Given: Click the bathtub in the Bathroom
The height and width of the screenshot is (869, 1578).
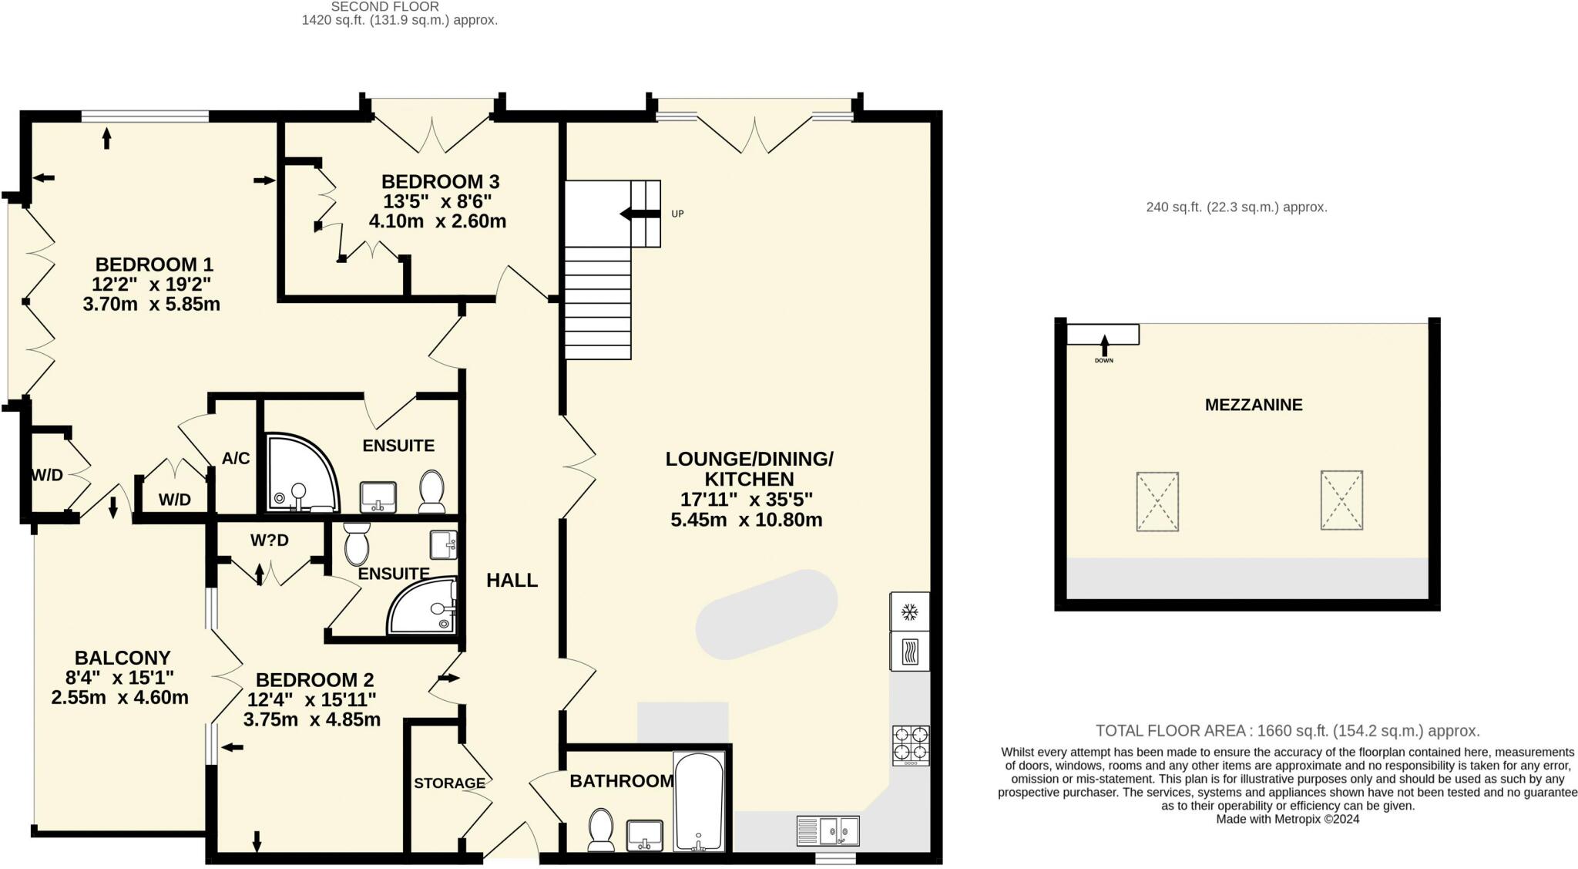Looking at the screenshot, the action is pos(699,802).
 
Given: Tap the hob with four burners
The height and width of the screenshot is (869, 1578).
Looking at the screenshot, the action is pos(911,746).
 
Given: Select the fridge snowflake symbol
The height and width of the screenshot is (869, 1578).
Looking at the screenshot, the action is pos(910,612).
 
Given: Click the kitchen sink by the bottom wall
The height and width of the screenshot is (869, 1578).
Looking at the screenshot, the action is pos(828,830).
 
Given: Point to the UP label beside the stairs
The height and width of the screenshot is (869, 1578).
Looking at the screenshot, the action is pos(677,214).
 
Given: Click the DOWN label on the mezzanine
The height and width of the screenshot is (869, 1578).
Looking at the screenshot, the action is pos(1104,361).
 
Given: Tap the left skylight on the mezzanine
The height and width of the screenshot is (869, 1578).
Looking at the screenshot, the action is pos(1157,502).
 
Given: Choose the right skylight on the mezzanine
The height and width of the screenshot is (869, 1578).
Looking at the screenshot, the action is pos(1341,500).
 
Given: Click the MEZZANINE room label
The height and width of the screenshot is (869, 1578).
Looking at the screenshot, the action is pos(1254,405).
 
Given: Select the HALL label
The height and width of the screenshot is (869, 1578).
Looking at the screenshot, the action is pos(512,581).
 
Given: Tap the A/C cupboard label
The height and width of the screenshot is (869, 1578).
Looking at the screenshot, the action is pos(236,458).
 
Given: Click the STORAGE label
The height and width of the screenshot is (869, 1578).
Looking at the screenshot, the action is pos(449,783).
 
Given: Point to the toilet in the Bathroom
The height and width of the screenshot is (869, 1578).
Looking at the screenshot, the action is pos(600,830).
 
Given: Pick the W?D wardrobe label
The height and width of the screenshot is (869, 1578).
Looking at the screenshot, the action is pos(270,541).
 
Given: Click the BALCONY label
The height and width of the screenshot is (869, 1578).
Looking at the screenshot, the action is pos(123,658).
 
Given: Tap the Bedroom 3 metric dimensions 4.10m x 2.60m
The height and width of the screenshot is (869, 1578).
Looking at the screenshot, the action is pos(438,221).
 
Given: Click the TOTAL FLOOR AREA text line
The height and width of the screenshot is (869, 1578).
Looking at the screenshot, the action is pos(1288,730).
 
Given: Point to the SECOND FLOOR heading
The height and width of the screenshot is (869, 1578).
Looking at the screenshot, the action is pos(385,6).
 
